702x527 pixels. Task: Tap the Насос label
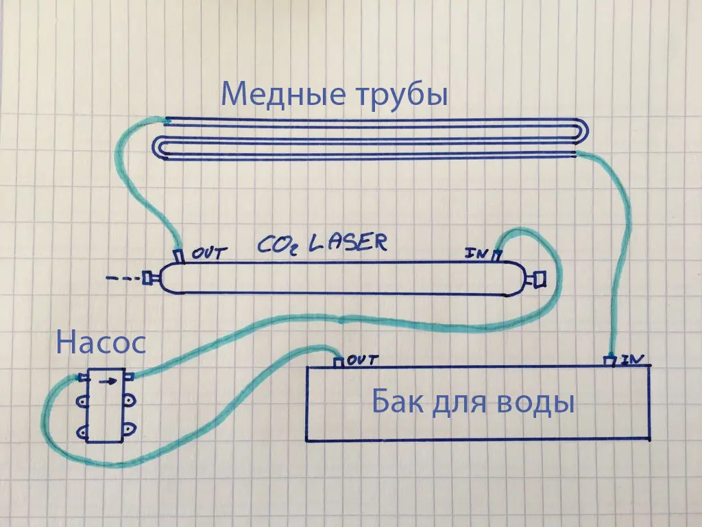pos(101,343)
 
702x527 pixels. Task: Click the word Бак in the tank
pos(398,401)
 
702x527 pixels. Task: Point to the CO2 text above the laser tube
pos(278,245)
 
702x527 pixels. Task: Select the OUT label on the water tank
pos(363,360)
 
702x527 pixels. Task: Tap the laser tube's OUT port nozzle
pos(180,256)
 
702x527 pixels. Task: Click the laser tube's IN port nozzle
pos(496,256)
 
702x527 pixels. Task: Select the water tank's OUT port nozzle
pos(339,362)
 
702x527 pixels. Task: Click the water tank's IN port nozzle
pos(609,361)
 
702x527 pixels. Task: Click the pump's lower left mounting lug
pos(83,432)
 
